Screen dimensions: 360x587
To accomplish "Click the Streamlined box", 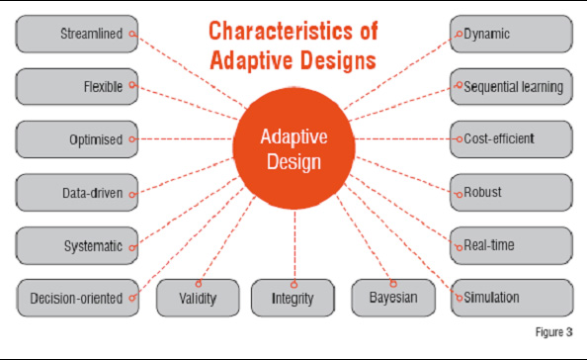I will click(x=76, y=34).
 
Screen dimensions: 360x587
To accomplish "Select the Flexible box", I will click(x=76, y=87).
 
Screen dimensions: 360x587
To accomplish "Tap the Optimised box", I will click(x=76, y=139).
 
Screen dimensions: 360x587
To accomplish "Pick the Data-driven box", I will click(x=76, y=192).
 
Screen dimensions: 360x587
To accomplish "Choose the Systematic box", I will click(x=76, y=244).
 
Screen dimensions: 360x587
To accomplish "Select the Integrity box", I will click(x=293, y=297).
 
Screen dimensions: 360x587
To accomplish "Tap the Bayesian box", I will click(x=392, y=297).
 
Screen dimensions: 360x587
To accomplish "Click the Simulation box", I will click(x=512, y=297).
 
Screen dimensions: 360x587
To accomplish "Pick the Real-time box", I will click(x=512, y=244).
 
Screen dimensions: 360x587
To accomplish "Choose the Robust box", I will click(x=512, y=192).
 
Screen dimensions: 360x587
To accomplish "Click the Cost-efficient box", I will click(x=512, y=139).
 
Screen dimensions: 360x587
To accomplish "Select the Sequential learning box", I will click(x=512, y=87).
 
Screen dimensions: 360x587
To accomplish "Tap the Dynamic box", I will click(x=512, y=34).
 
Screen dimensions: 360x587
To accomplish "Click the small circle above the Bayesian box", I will click(x=392, y=283).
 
